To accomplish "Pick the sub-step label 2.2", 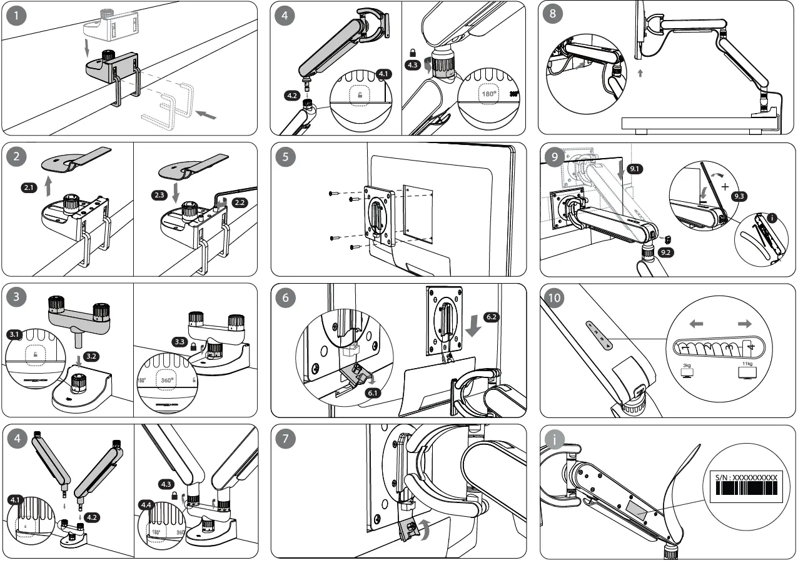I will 239,202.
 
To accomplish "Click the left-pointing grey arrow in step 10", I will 696,324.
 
